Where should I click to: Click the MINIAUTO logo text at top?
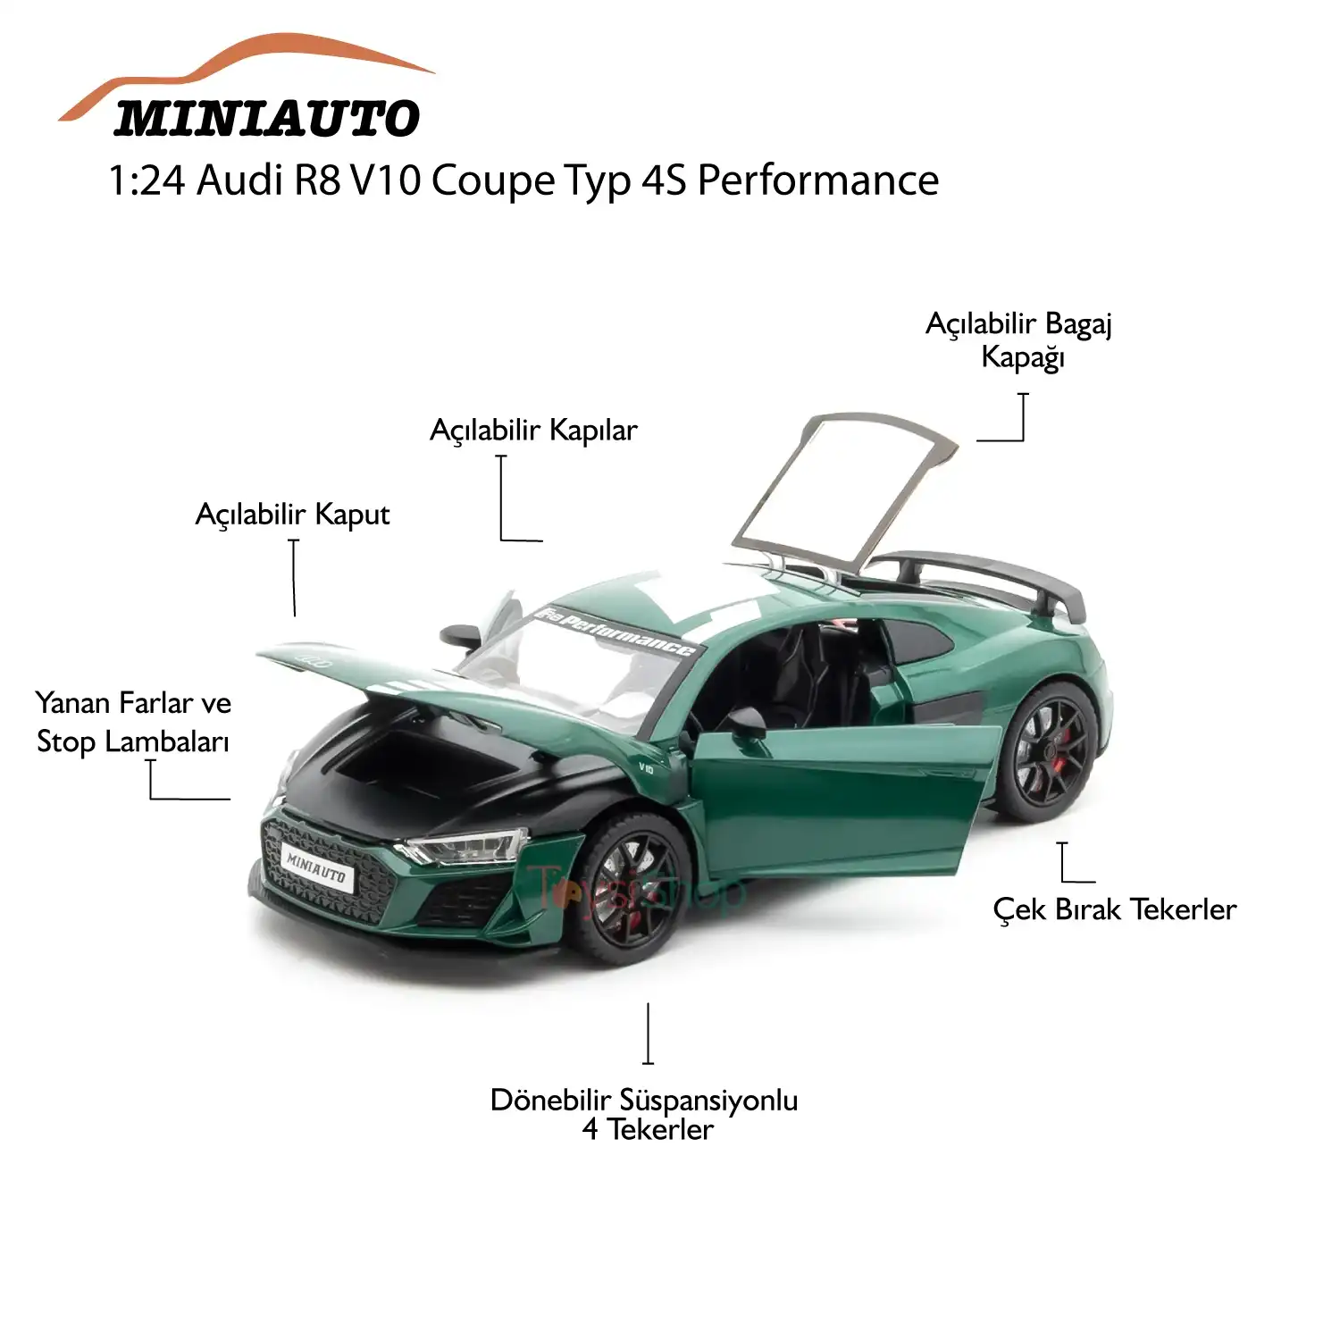266,118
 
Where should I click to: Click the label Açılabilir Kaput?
292,515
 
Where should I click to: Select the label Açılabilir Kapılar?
533,431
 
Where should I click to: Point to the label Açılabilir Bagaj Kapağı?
1019,340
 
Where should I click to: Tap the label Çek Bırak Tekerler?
1114,909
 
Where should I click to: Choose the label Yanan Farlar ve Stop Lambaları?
133,722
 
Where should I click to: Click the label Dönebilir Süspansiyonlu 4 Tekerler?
644,1114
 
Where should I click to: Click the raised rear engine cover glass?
840,491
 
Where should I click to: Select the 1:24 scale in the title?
147,180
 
